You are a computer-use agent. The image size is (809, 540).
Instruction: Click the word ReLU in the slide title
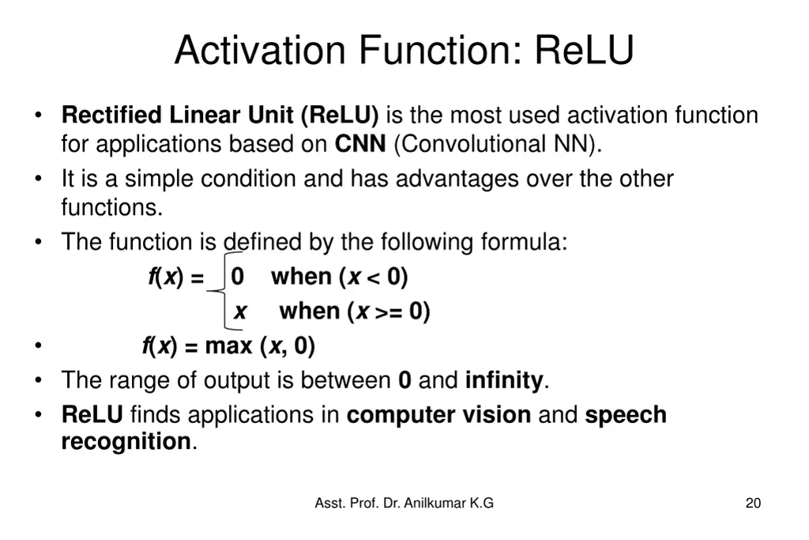click(x=584, y=50)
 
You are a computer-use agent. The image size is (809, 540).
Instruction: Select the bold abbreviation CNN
click(x=360, y=145)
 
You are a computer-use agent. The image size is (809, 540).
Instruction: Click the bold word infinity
click(x=503, y=380)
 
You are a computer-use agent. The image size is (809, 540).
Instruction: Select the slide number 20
click(x=753, y=503)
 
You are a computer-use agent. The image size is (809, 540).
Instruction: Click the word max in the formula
click(x=229, y=346)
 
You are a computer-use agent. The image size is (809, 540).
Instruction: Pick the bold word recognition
click(x=126, y=441)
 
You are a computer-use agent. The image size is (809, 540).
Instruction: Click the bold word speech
click(x=626, y=414)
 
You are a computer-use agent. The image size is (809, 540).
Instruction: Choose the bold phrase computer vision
click(x=438, y=414)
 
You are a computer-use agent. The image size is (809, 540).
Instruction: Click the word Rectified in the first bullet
click(x=111, y=115)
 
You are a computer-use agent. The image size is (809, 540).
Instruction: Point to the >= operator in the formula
click(x=388, y=312)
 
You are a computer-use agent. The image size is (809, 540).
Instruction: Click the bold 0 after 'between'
click(x=404, y=380)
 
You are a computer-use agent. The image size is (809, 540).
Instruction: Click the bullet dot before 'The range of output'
click(x=38, y=380)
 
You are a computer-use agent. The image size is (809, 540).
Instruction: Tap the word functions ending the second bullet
click(x=111, y=207)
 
